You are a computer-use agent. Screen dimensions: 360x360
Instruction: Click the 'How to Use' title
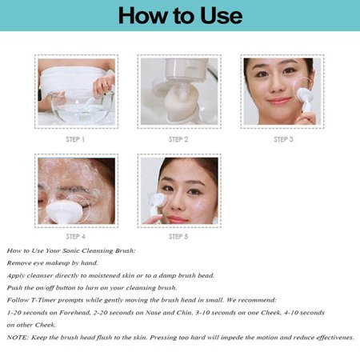click(x=180, y=15)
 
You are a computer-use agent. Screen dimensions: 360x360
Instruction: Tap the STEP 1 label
click(x=75, y=139)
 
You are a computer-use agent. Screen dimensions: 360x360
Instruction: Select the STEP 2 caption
click(x=178, y=139)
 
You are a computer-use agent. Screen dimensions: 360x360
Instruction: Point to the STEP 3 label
click(x=283, y=139)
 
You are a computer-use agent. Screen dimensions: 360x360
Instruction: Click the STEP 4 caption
click(x=75, y=237)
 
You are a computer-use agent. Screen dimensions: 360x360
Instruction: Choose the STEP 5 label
click(x=178, y=237)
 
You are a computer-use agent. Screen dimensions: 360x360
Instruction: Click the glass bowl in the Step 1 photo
click(x=82, y=107)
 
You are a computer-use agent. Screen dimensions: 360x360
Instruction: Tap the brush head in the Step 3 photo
click(x=305, y=95)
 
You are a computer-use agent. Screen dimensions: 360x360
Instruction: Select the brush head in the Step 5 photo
click(x=158, y=201)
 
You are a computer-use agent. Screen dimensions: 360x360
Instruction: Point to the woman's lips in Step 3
click(x=278, y=101)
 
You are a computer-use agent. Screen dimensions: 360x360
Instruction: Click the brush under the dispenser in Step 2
click(x=179, y=102)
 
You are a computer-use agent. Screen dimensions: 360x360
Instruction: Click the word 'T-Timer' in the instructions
click(x=43, y=300)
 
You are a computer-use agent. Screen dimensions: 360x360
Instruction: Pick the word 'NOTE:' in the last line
click(x=18, y=338)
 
